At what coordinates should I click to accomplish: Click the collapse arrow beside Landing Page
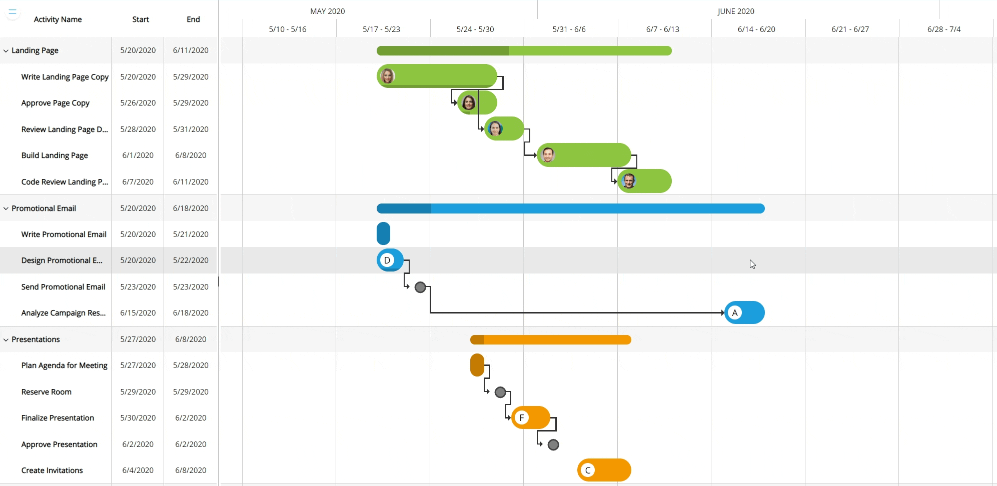point(6,50)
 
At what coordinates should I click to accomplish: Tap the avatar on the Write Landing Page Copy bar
point(387,76)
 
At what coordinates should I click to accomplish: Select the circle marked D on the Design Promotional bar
point(387,260)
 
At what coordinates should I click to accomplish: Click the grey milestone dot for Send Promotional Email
point(420,287)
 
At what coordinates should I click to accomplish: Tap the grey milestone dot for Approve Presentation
point(553,444)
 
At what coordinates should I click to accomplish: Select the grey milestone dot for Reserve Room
point(500,392)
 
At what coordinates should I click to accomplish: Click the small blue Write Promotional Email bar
point(383,233)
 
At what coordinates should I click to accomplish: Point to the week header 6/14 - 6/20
point(756,29)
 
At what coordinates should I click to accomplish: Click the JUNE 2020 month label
point(735,11)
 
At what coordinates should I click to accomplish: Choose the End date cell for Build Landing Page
point(191,155)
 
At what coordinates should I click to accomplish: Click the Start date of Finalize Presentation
point(138,417)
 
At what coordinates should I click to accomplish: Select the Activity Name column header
point(58,19)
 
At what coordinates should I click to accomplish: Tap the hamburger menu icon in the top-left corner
point(13,11)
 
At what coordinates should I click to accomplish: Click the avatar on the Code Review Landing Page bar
point(629,181)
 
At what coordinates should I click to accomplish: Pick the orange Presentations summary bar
point(550,339)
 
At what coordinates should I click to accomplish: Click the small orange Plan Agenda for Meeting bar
point(477,365)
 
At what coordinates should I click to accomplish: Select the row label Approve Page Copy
point(55,102)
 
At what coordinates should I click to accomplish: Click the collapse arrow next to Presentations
point(6,339)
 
